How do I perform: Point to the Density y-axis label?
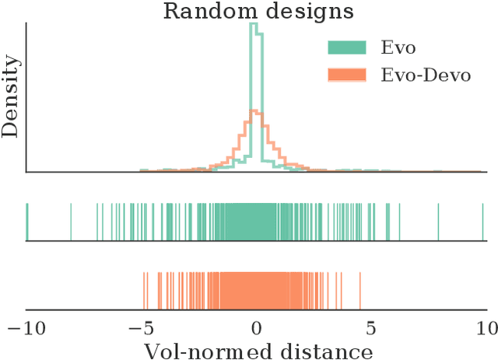point(10,97)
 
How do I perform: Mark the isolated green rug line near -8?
point(71,222)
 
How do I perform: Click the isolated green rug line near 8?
point(438,222)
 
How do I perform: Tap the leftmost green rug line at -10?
point(26,222)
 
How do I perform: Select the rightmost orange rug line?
point(360,291)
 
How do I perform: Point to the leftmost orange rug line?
point(143,291)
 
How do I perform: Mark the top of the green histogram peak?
point(253,25)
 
